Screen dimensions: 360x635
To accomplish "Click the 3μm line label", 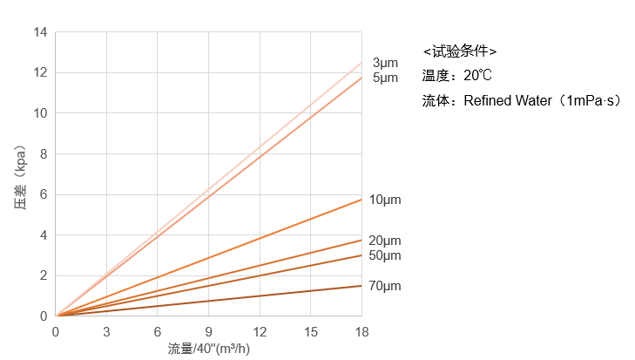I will click(385, 63).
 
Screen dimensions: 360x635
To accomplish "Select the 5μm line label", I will click(385, 78).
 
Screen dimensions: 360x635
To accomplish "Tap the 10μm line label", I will click(385, 200).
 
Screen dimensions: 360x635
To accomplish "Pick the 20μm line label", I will click(385, 241).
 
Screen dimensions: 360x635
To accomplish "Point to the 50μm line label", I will click(385, 255).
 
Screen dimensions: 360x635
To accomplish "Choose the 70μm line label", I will click(385, 286).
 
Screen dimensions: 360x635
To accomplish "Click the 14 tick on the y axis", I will click(40, 32).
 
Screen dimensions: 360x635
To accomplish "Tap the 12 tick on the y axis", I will click(40, 72).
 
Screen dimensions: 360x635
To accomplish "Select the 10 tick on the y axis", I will click(40, 113).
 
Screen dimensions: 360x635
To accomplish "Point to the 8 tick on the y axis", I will click(43, 153).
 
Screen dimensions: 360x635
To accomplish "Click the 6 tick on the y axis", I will click(43, 194).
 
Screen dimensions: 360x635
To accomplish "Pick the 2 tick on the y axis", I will click(43, 275).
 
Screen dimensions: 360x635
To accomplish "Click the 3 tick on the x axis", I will click(106, 332).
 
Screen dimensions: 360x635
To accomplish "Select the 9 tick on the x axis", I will click(208, 332).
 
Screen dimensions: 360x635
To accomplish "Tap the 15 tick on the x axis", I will click(310, 332).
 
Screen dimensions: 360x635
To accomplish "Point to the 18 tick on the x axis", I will click(361, 332).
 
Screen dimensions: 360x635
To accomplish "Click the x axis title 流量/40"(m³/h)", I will click(209, 349).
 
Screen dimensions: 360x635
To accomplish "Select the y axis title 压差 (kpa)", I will click(19, 174).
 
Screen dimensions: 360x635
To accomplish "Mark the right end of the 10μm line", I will click(361, 200).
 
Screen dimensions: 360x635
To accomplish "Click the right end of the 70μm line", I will click(361, 285).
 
